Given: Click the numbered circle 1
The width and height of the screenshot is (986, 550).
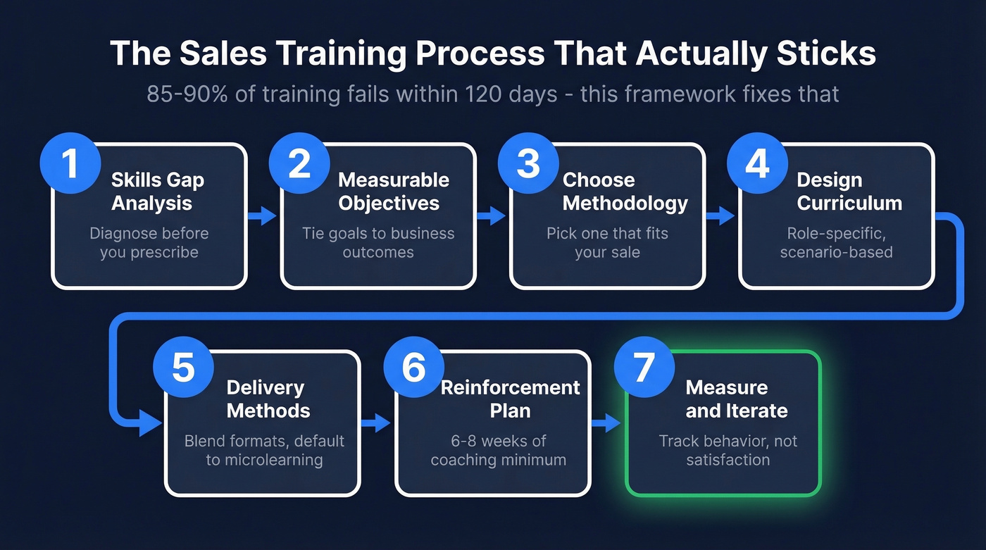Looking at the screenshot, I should pyautogui.click(x=69, y=163).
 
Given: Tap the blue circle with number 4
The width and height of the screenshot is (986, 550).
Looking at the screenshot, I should pyautogui.click(x=756, y=163).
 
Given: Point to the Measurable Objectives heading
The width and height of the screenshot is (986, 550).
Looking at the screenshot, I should pyautogui.click(x=392, y=192).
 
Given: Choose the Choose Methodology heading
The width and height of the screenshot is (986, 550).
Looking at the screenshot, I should pyautogui.click(x=624, y=192).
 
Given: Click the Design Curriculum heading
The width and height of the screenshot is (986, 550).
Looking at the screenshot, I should pyautogui.click(x=849, y=192).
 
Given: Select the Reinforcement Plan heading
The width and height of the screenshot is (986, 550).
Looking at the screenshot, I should pyautogui.click(x=509, y=399).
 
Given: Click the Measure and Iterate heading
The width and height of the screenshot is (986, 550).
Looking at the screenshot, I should pyautogui.click(x=736, y=399).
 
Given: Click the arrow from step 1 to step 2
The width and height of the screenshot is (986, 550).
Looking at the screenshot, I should pyautogui.click(x=263, y=215).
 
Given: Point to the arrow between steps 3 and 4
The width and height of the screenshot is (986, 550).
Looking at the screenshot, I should pyautogui.click(x=721, y=215).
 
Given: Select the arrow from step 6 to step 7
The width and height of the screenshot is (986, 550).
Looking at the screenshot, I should pyautogui.click(x=606, y=423).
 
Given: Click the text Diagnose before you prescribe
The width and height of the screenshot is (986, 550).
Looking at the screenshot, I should pyautogui.click(x=149, y=242).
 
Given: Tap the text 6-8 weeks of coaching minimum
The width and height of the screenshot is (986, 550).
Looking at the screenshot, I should pyautogui.click(x=498, y=450).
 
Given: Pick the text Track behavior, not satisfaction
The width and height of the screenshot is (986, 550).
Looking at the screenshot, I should pyautogui.click(x=728, y=450).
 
